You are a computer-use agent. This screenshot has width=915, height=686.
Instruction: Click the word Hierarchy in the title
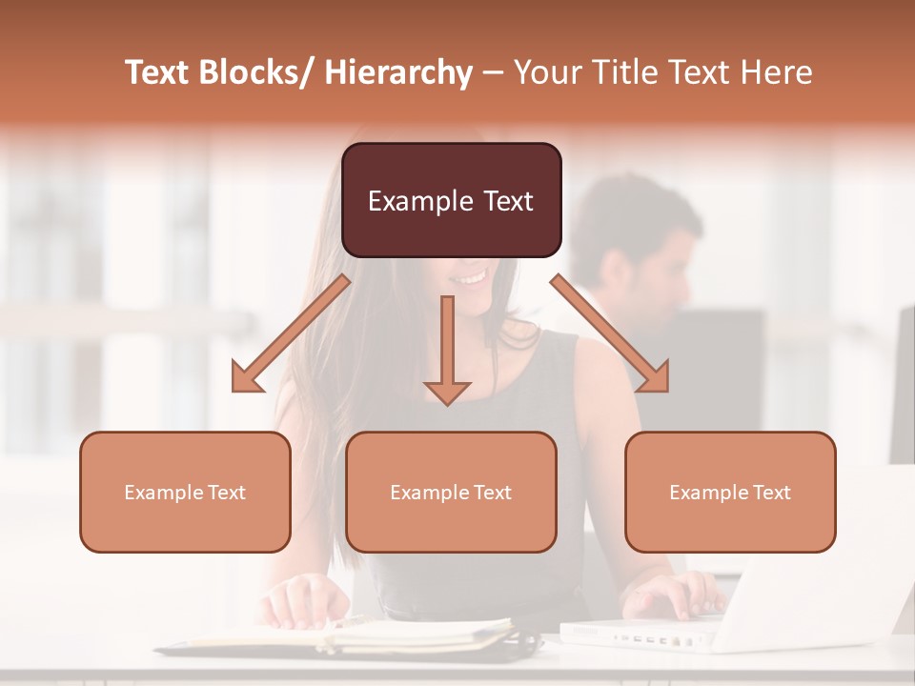pos(397,72)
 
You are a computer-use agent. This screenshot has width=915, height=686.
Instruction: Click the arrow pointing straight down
pos(447,353)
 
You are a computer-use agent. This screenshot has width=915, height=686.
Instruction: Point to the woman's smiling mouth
pos(469,277)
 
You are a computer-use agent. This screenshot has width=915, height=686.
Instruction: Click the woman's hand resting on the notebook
pos(305,602)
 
